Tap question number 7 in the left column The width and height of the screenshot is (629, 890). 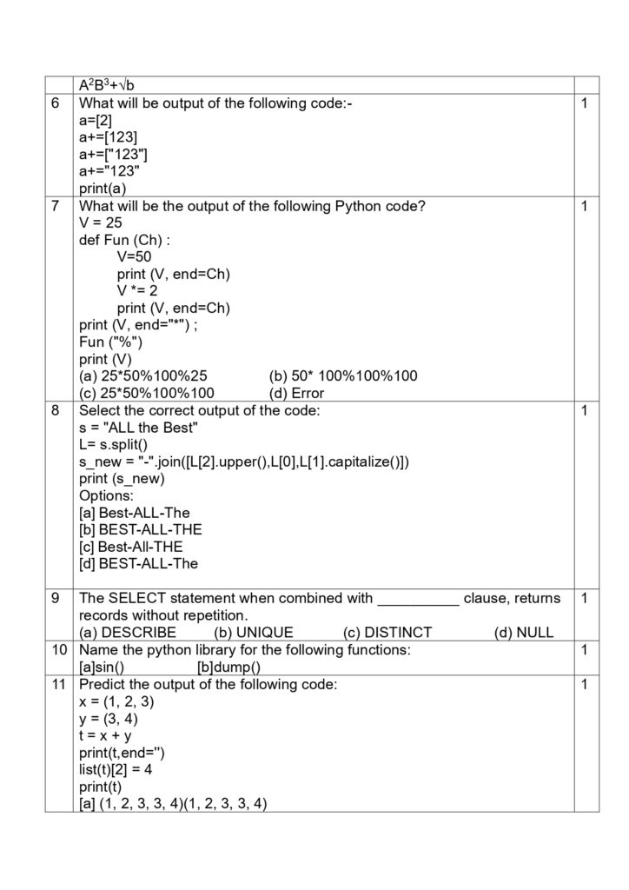[56, 206]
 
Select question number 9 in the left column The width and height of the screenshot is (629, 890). [56, 599]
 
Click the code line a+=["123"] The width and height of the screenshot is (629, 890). [113, 155]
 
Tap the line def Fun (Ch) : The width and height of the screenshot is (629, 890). [124, 240]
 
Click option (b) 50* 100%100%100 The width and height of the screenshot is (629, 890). [343, 376]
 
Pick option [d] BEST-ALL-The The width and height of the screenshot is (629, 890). [138, 563]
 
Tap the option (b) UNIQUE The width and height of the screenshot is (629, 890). [254, 633]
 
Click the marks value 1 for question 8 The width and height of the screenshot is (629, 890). [586, 410]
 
